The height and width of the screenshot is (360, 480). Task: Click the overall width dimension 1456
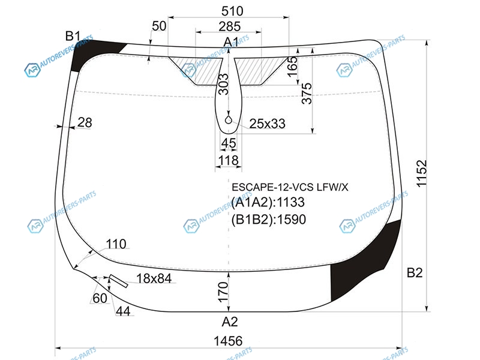point(228,341)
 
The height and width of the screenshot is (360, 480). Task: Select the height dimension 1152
point(422,173)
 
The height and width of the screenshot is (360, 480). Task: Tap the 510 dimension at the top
point(232,11)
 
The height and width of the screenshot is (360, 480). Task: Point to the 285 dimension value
point(230,26)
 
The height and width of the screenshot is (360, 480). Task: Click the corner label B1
point(73,37)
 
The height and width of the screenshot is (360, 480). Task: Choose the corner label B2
point(415,272)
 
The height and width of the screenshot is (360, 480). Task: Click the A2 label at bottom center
point(230,322)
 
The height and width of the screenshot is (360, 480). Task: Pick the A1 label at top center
point(231,42)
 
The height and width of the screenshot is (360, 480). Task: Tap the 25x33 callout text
point(267,124)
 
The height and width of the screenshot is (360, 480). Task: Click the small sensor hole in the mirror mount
point(229,120)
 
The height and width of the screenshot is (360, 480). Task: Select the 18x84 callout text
point(154,278)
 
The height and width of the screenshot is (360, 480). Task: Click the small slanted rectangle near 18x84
point(118,281)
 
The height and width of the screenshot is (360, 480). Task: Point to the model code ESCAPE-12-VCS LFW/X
point(290,187)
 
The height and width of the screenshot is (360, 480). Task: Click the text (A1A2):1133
point(268,202)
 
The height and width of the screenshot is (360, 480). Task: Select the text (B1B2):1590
point(269,220)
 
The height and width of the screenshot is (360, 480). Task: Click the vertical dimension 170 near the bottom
point(223,292)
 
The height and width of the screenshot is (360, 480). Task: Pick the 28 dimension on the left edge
point(85,122)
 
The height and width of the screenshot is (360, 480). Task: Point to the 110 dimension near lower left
point(116,244)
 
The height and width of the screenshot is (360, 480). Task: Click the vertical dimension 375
point(307,94)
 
